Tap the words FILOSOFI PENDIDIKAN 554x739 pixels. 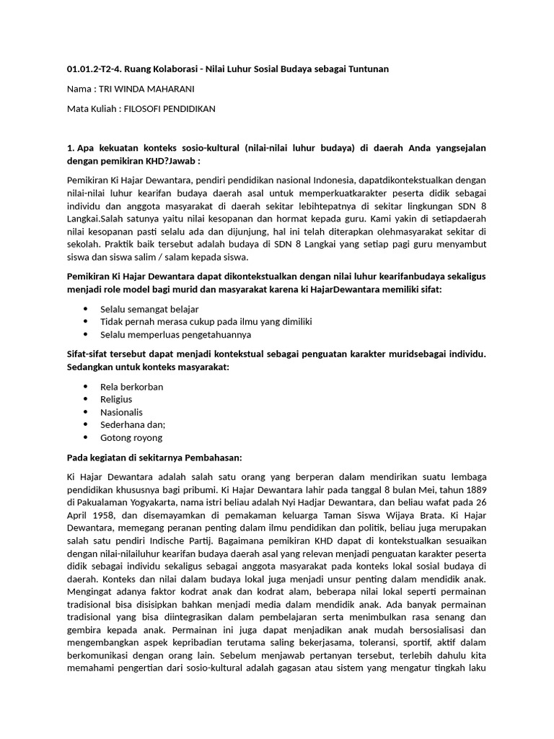coord(170,109)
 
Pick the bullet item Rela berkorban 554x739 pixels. coord(131,386)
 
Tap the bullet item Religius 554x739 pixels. coord(116,399)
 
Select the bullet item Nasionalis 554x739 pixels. coord(121,412)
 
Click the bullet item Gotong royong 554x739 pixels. coord(131,437)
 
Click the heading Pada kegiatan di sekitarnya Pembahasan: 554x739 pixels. coord(154,458)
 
